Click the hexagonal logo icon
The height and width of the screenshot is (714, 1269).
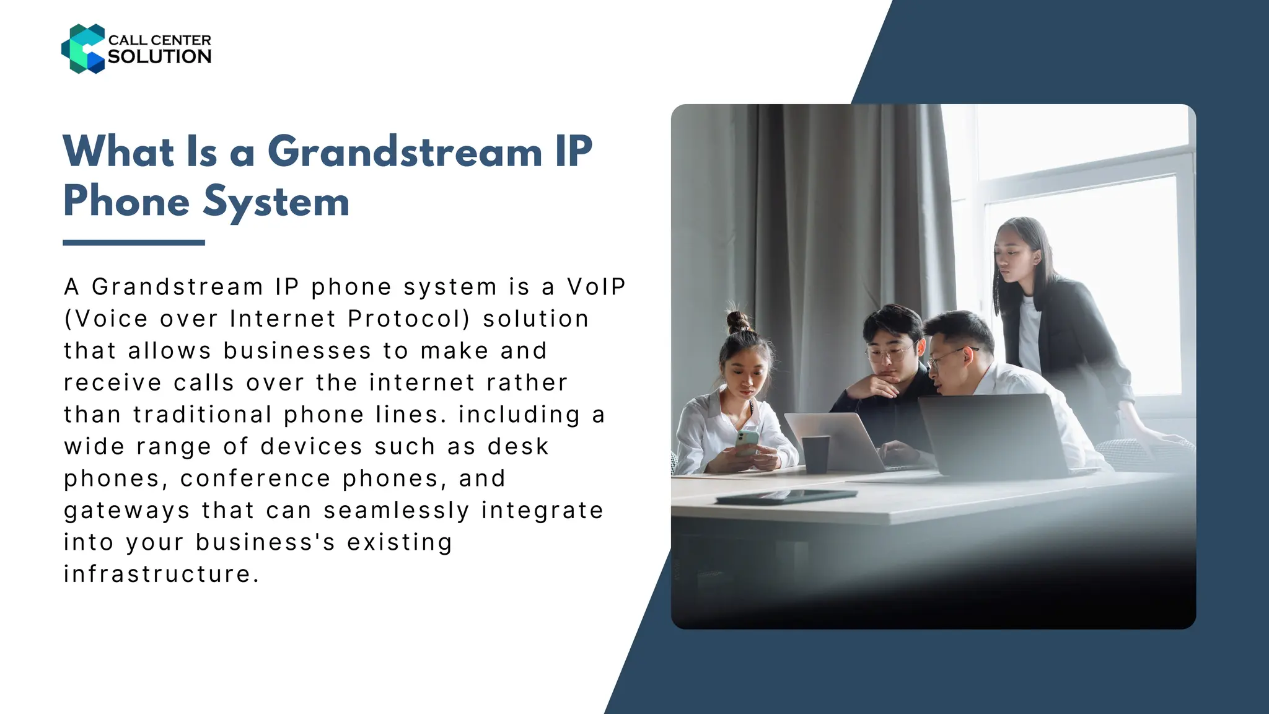pos(83,49)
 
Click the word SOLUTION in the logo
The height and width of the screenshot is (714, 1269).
pos(160,56)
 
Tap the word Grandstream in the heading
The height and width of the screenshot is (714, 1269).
pos(405,152)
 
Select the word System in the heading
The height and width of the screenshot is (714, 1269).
pos(276,201)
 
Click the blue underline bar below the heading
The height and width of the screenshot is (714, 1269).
pos(134,242)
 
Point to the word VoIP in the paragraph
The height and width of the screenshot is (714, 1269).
pos(596,287)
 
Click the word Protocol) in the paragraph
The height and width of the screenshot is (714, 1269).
pos(409,319)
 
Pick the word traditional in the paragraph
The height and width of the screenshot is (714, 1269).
pos(203,415)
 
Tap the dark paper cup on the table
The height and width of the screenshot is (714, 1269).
pos(815,454)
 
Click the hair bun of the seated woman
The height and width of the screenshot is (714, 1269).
pos(738,322)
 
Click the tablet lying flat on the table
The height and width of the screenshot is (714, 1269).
pos(786,496)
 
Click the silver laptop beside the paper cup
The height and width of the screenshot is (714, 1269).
pos(833,440)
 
